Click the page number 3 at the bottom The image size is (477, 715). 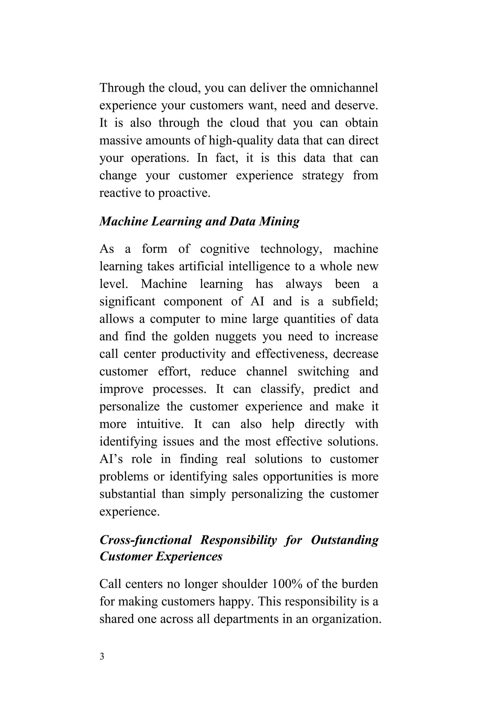click(x=102, y=656)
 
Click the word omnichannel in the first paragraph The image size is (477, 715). click(x=344, y=88)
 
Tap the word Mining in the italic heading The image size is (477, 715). click(x=279, y=221)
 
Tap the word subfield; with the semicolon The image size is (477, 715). click(x=355, y=302)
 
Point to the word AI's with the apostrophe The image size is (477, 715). click(x=111, y=459)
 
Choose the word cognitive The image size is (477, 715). click(x=225, y=249)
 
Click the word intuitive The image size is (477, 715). click(x=160, y=424)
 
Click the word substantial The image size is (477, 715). click(x=127, y=494)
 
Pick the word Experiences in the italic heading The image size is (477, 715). click(x=189, y=556)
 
